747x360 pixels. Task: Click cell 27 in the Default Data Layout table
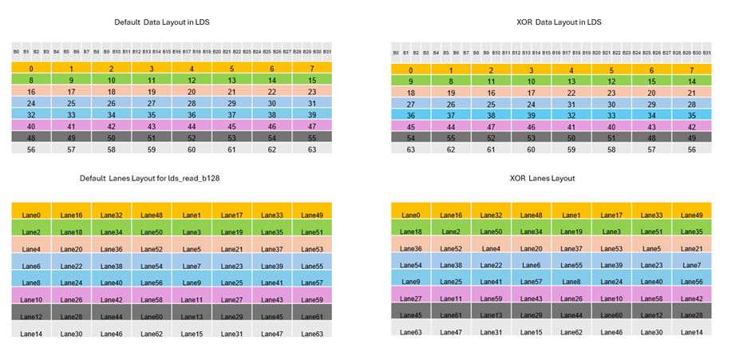click(x=152, y=103)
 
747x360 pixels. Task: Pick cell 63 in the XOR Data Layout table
click(x=411, y=148)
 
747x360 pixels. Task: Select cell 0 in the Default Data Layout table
click(x=31, y=69)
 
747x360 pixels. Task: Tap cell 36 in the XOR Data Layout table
click(x=411, y=114)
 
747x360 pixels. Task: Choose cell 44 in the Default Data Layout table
click(x=192, y=126)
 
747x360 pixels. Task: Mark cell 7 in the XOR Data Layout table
click(x=691, y=69)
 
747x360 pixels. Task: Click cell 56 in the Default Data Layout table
click(x=31, y=149)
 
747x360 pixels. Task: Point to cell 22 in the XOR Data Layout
click(x=571, y=93)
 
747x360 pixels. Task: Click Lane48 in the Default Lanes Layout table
click(x=152, y=215)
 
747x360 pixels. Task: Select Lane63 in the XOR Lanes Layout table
click(x=411, y=332)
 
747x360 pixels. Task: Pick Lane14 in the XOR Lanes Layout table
click(x=691, y=332)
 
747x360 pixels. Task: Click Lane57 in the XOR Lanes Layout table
click(x=532, y=282)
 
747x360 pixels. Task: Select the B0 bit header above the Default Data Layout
click(x=16, y=52)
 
